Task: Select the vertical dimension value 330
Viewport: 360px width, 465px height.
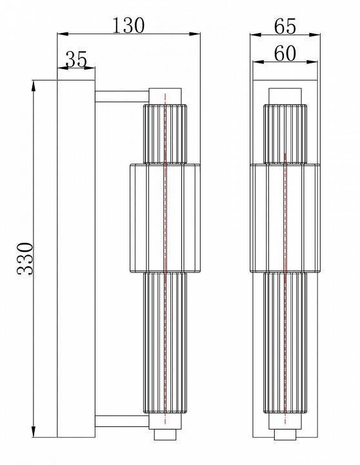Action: click(x=25, y=258)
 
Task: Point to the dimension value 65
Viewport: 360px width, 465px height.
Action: click(x=285, y=26)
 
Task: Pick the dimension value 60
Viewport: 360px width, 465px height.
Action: click(x=285, y=54)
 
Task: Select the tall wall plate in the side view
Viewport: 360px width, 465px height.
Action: click(x=76, y=258)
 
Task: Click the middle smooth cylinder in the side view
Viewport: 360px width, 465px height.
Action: click(x=165, y=218)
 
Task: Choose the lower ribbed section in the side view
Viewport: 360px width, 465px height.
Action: click(x=166, y=342)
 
